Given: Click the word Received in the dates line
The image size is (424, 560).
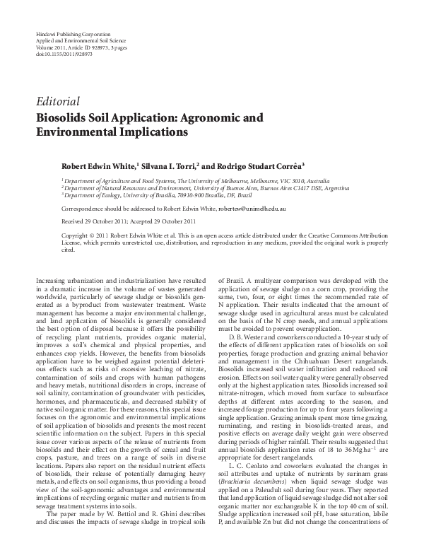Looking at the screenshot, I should tap(73, 221).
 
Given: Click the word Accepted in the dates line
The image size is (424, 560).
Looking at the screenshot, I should tap(155, 221).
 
